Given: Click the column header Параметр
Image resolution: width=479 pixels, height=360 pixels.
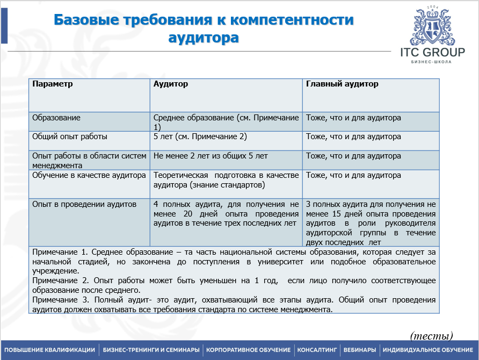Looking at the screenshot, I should (53, 84).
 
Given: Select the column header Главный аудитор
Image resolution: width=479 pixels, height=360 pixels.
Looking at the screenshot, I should (342, 84).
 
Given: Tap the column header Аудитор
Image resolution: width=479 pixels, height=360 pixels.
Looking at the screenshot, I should (171, 84).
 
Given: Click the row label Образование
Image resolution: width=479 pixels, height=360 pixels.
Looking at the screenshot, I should (56, 118).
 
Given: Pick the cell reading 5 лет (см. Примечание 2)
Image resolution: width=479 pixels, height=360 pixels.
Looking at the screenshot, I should (200, 136).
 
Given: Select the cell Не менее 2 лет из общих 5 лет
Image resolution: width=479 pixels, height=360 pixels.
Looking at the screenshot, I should (211, 156).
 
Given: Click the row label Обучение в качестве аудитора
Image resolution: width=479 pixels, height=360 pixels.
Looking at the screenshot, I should (89, 175).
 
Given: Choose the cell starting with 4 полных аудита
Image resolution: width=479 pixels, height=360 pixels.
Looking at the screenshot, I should (226, 213).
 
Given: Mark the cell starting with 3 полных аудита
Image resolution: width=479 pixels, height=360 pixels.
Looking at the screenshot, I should (371, 218).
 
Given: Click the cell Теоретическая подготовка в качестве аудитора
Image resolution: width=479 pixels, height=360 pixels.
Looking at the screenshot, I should (226, 180).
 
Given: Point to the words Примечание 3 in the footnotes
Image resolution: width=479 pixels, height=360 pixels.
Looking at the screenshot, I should (59, 300).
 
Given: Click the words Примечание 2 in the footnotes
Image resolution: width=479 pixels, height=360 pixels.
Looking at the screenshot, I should (59, 280).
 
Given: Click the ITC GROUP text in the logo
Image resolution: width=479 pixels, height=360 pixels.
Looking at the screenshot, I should (432, 52).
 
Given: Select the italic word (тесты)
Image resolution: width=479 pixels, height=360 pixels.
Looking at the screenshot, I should (432, 336).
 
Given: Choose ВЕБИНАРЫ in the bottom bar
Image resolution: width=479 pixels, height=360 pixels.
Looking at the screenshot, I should (360, 350).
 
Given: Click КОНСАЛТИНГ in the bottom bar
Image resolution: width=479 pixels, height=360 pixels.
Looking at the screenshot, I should (317, 350).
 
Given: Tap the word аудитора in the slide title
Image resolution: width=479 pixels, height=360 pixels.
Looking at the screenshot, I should (204, 38).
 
